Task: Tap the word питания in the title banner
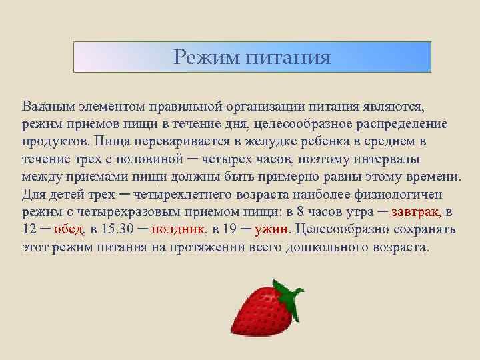pyautogui.click(x=288, y=57)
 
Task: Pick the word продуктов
pyautogui.click(x=55, y=141)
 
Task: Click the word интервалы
pyautogui.click(x=401, y=159)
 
